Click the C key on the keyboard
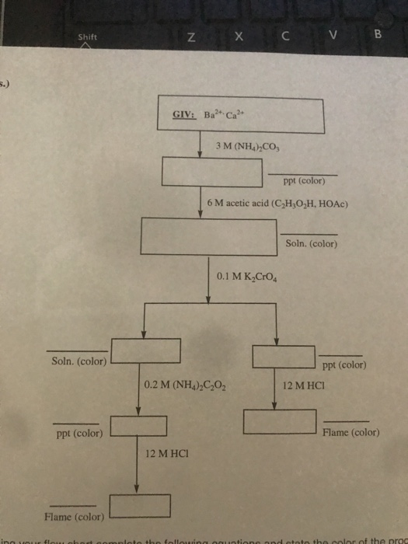tap(286, 34)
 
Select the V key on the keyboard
tap(333, 34)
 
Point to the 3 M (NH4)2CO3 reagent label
tap(255, 145)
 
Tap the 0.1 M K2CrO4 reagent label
tap(243, 276)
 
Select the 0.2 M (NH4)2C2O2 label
tap(186, 384)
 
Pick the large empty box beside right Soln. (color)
tap(207, 237)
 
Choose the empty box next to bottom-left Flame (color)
tap(140, 506)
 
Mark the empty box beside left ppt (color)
tap(138, 426)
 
